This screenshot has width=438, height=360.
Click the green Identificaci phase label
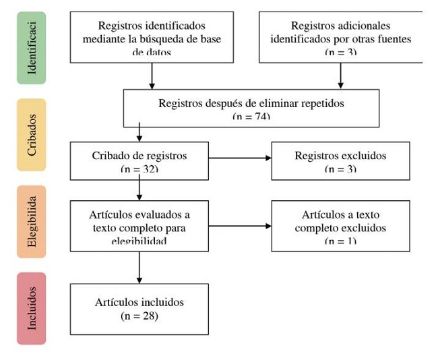(x=31, y=47)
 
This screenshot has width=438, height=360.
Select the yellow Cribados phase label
(x=31, y=134)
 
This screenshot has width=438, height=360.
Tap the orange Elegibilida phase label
(x=31, y=222)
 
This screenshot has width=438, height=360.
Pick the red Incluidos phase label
(x=31, y=309)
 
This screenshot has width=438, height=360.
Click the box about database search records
(x=152, y=37)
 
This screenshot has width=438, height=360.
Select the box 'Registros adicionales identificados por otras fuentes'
(x=340, y=37)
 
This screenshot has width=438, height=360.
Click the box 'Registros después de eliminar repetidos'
(x=251, y=108)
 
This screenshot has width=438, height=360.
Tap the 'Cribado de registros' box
(x=139, y=160)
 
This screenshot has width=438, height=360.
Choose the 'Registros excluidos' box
(x=340, y=160)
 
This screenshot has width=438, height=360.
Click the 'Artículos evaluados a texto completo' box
(x=139, y=226)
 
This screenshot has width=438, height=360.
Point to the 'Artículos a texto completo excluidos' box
(x=340, y=226)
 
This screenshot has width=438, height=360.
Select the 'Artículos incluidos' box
(x=139, y=309)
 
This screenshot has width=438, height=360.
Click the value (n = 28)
(x=139, y=315)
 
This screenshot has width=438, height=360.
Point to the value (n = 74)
(x=251, y=117)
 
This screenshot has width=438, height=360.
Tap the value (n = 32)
(x=139, y=169)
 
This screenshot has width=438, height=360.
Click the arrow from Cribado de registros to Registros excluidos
(x=240, y=158)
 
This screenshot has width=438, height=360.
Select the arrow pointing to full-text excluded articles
(x=240, y=226)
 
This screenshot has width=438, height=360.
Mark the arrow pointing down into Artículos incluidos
(x=139, y=267)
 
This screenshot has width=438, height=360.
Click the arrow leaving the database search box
(x=152, y=76)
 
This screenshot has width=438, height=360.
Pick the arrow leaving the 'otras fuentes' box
(x=340, y=76)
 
